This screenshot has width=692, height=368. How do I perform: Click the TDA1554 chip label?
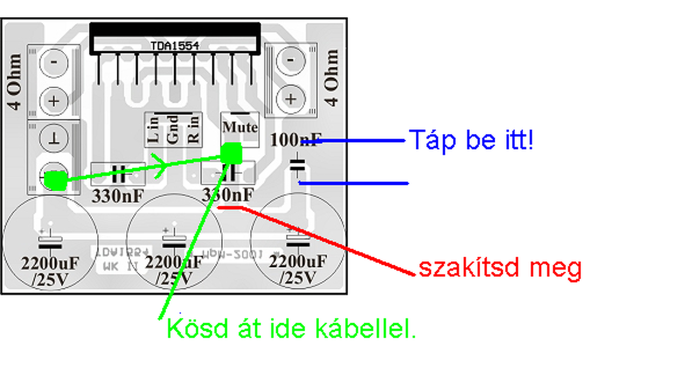pos(175,46)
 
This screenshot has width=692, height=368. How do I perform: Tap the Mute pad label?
pos(240,128)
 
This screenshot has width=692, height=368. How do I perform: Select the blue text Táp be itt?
pos(471,139)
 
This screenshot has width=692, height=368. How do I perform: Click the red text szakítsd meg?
pos(500,268)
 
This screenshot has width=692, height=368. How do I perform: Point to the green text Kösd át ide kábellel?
pos(291,329)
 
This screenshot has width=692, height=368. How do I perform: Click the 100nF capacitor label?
pos(295,140)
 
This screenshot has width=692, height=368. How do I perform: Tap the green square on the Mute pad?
pos(231,153)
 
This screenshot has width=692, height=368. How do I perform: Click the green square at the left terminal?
pos(55,179)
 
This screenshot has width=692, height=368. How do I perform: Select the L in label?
pos(154,130)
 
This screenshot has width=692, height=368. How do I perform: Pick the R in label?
pos(193,130)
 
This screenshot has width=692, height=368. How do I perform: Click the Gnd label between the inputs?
pos(173,130)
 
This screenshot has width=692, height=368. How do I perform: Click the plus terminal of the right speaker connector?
pos(291,99)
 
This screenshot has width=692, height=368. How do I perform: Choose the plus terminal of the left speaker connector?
pos(55,101)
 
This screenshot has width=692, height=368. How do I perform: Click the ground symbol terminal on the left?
pos(55,138)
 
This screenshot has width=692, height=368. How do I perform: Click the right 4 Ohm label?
pos(331,77)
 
